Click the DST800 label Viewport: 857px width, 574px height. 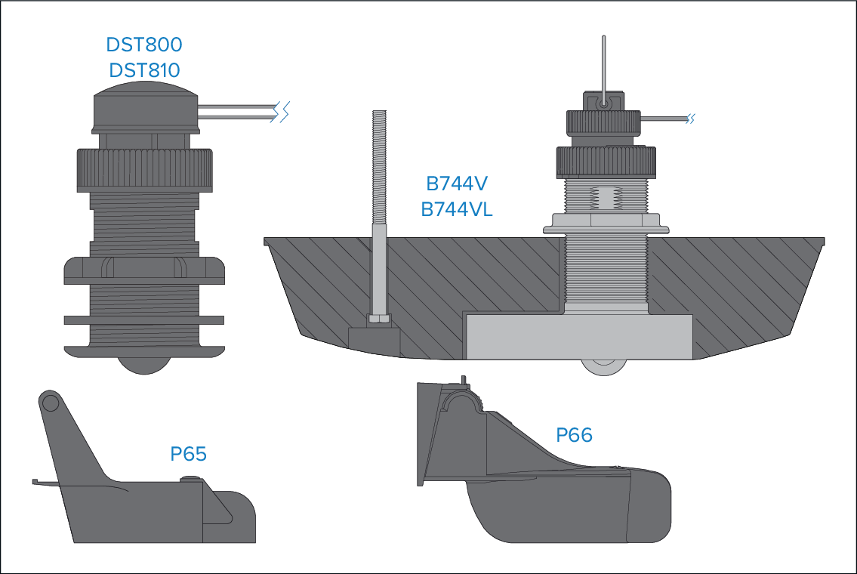144,45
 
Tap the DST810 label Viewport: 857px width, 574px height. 144,70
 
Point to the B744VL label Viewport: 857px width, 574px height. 457,209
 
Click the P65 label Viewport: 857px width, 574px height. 188,454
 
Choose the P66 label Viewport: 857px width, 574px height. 574,435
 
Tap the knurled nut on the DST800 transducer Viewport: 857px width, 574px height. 144,169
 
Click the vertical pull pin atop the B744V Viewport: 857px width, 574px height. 603,64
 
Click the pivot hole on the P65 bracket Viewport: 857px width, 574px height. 51,403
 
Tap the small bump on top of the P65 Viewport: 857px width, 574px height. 191,478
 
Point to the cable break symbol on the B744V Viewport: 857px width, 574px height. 689,119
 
